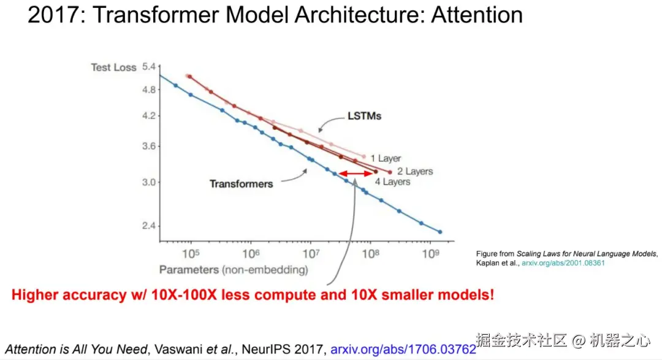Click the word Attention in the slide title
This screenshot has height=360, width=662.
(476, 14)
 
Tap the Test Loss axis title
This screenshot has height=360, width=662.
(113, 67)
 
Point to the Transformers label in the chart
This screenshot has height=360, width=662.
(241, 183)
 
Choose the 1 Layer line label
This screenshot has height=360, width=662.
(386, 158)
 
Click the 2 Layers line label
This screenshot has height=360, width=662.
(414, 171)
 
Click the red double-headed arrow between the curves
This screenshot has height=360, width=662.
(353, 174)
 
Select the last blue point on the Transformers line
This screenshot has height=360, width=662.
(439, 232)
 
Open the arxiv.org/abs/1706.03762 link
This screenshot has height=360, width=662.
(403, 350)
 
